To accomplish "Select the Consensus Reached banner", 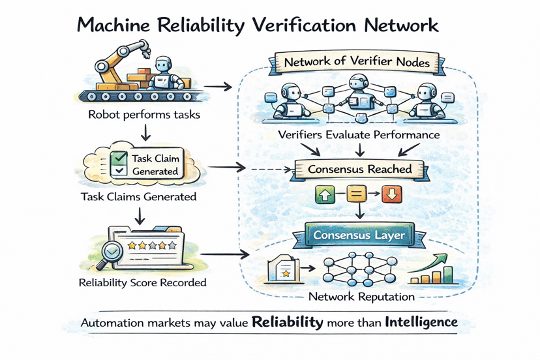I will (x=359, y=169).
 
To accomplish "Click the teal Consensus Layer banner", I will (x=359, y=234).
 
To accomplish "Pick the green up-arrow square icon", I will (x=324, y=194).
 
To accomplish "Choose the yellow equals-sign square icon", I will (x=358, y=194).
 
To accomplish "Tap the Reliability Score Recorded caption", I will (x=142, y=283).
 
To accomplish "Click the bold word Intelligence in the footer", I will (x=421, y=322).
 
